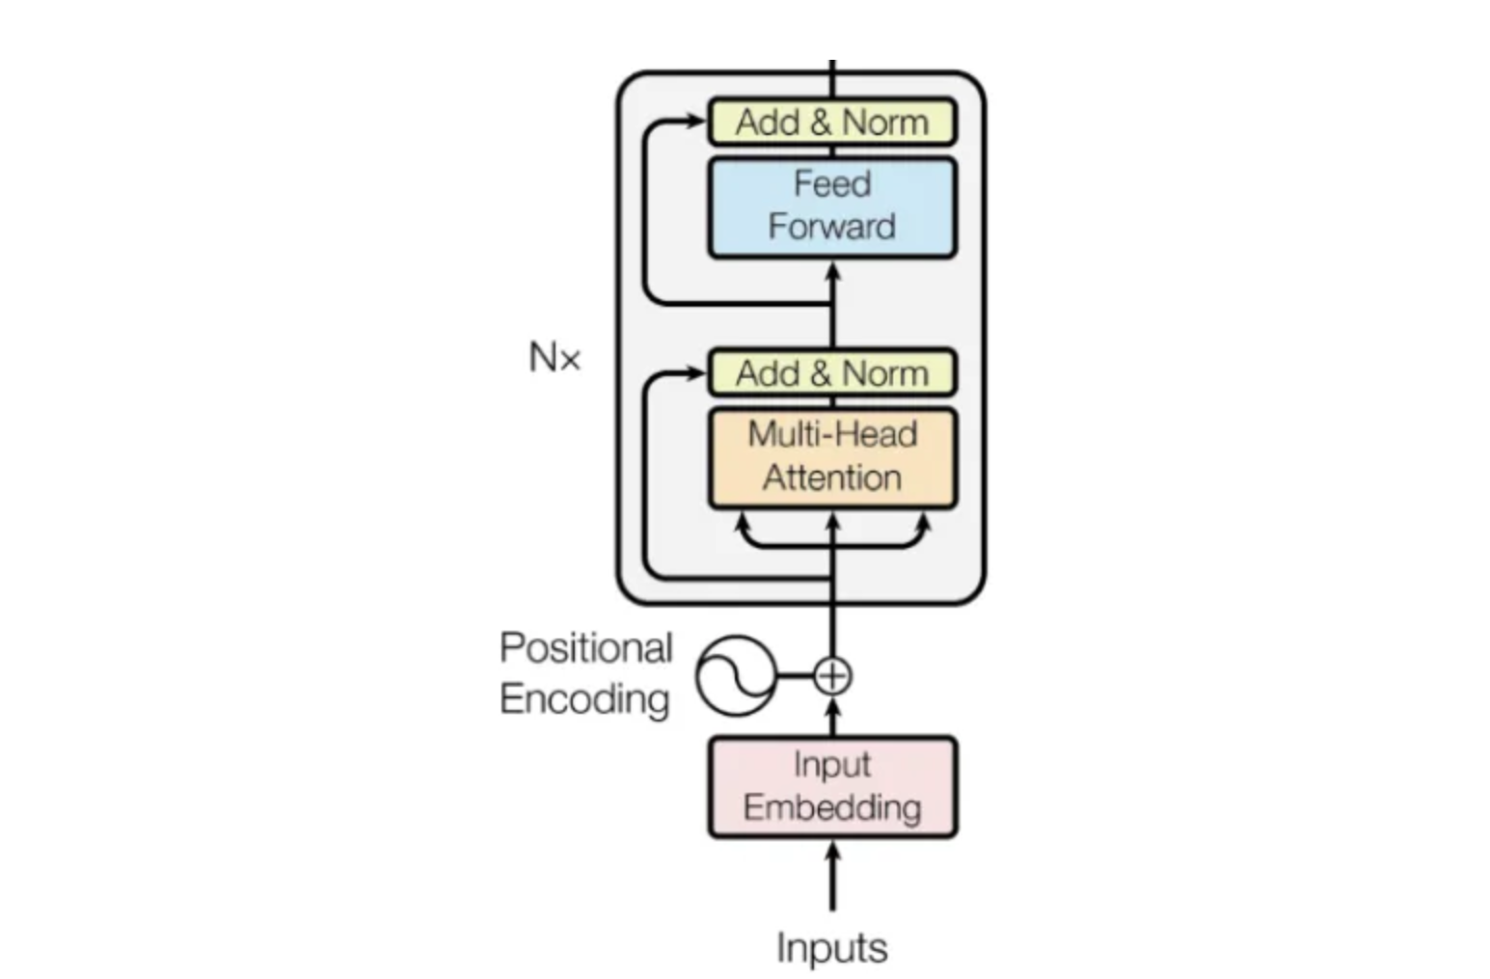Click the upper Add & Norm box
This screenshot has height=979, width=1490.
(831, 122)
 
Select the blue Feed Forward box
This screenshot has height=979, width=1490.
(831, 207)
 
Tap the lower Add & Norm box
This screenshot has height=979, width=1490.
(831, 373)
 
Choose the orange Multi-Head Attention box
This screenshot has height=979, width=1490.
(831, 457)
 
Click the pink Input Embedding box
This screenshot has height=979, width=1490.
(831, 786)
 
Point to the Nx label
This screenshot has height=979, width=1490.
(555, 358)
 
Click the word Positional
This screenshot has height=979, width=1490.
(585, 648)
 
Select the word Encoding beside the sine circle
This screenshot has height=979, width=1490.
(584, 699)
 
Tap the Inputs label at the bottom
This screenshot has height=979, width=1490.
(831, 947)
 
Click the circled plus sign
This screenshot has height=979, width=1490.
(832, 675)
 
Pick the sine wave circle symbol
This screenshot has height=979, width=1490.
(736, 675)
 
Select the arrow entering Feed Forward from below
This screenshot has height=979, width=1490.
(832, 275)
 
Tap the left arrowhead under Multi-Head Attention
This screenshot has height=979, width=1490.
(743, 524)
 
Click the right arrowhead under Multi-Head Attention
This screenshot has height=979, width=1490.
(922, 524)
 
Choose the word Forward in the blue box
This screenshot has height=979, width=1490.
(831, 227)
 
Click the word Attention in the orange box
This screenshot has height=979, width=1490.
(831, 477)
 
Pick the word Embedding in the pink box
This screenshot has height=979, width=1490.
(831, 807)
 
